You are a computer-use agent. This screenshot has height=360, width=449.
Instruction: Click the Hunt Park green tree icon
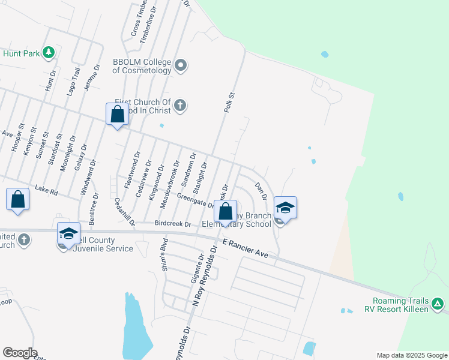tap(49, 53)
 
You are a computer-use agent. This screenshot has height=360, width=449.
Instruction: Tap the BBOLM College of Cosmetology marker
tap(179, 65)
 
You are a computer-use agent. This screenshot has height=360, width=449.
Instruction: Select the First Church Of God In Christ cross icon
tap(179, 107)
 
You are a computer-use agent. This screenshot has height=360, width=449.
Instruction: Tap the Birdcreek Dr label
tap(172, 224)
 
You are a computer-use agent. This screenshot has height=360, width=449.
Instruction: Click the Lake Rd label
tap(46, 190)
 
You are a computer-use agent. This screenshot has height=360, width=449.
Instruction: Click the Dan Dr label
tap(261, 191)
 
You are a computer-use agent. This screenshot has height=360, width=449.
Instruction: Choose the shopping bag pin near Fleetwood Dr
tap(117, 113)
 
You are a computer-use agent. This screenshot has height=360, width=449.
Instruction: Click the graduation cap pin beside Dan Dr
tap(285, 208)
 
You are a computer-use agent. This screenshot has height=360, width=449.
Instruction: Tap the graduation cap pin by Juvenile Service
tap(68, 233)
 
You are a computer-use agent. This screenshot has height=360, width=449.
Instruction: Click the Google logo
tap(20, 353)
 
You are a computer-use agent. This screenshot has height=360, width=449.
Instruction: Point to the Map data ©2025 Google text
tap(411, 355)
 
